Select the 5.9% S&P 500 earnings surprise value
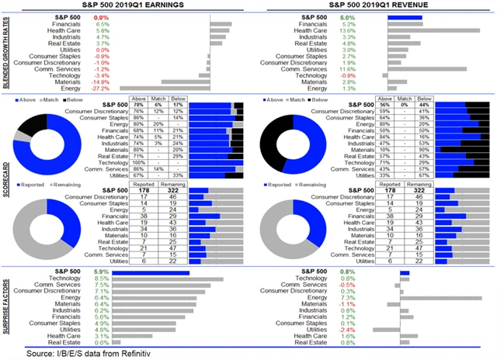[102, 272]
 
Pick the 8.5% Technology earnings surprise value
[102, 279]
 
